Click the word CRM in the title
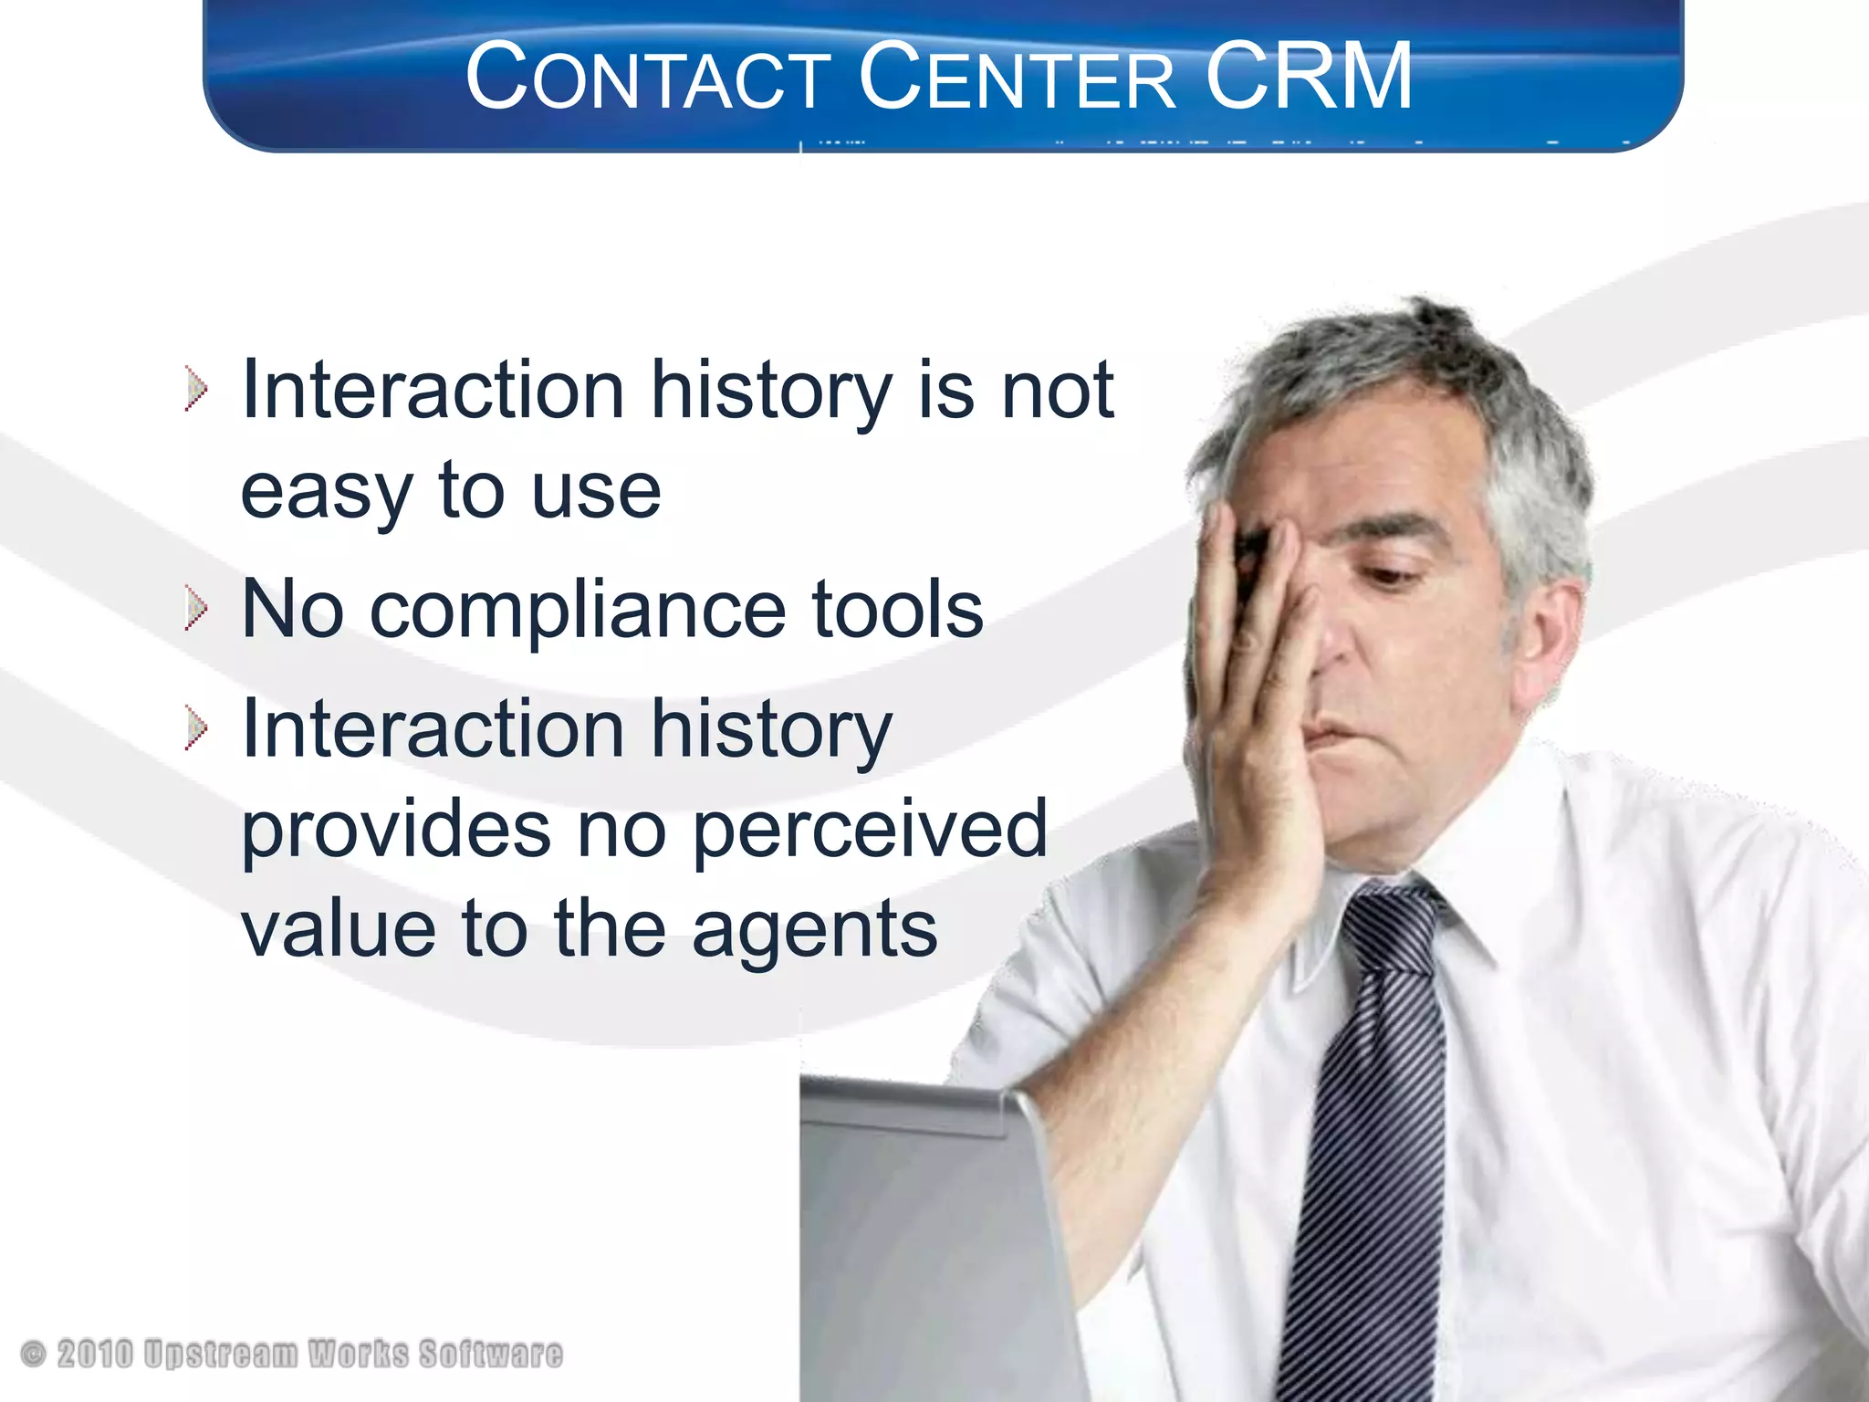(1309, 77)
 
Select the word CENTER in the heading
(1017, 78)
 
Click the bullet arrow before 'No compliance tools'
(195, 608)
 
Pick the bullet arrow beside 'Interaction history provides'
(195, 728)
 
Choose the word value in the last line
(338, 929)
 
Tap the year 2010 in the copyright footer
(95, 1354)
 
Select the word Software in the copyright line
(491, 1354)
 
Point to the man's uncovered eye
(1396, 575)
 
